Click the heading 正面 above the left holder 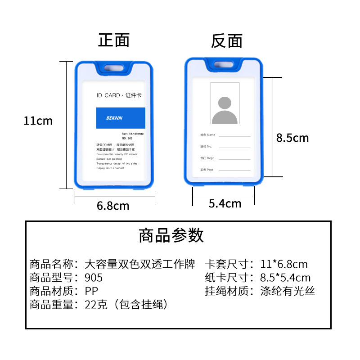114,40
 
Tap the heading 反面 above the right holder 227,41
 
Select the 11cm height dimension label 38,121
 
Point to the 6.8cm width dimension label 113,206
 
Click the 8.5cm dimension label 292,138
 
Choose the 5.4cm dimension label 225,203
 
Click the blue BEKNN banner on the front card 121,118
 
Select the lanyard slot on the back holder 224,66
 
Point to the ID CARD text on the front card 108,95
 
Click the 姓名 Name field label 208,135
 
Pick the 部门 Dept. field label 207,158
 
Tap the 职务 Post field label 207,170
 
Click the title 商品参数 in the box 171,235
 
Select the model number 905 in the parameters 94,278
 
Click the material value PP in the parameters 91,291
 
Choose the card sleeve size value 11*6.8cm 284,264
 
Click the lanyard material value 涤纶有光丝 288,291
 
